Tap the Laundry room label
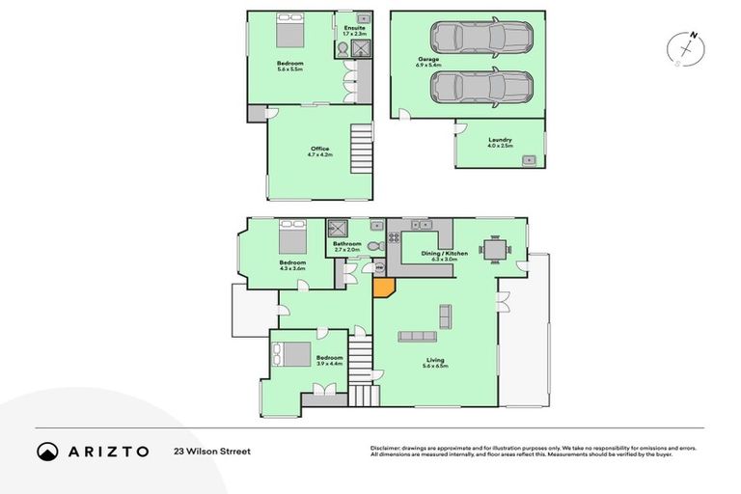click(500, 140)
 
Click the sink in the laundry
click(529, 157)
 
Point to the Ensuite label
click(354, 28)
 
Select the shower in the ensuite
click(362, 50)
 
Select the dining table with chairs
click(492, 249)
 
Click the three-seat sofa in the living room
click(418, 336)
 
